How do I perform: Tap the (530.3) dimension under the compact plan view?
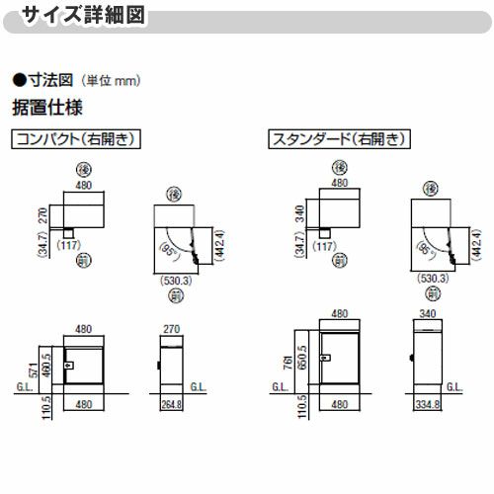click(x=178, y=282)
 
